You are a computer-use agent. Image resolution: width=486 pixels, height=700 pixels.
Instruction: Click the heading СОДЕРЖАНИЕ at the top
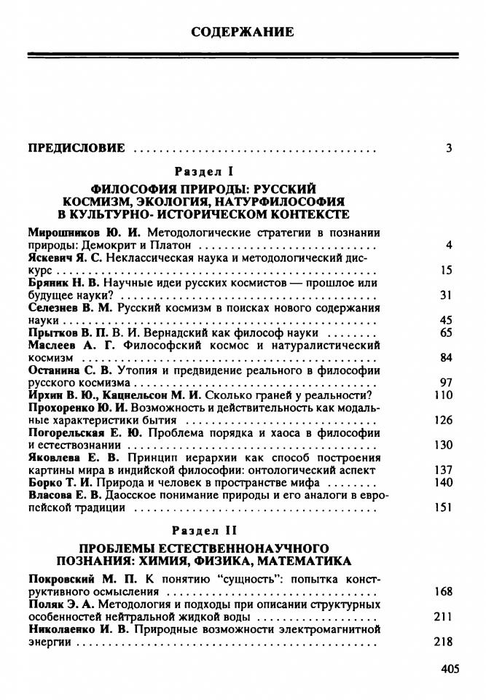(243, 32)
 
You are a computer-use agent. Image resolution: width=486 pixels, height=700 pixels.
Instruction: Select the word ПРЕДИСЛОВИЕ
(77, 148)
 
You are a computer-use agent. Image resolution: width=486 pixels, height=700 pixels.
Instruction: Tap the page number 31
(446, 295)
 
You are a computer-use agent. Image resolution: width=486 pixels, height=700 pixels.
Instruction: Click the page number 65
(446, 332)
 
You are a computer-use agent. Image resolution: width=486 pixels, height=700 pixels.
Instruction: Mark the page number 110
(443, 394)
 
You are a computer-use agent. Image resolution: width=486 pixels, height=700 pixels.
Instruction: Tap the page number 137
(443, 470)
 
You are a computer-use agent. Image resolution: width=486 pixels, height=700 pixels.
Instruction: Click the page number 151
(443, 507)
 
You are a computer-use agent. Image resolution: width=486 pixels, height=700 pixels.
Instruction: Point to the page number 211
(443, 617)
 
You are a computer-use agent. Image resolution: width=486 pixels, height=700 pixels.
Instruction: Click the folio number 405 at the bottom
(451, 669)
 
